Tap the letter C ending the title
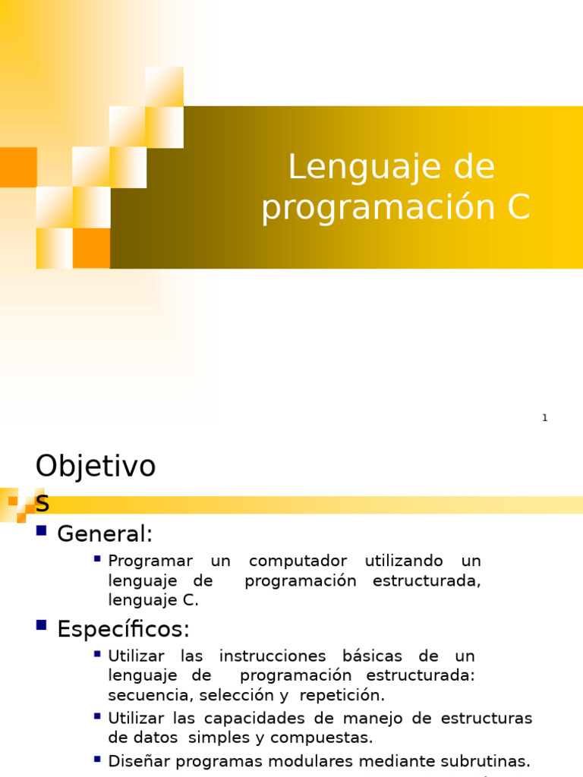[x=518, y=208]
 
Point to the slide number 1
[x=544, y=418]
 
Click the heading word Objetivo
[x=96, y=467]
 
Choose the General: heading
[x=105, y=534]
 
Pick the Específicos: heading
[x=123, y=629]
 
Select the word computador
[x=298, y=562]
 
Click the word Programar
[x=150, y=562]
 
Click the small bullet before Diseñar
[x=97, y=758]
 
